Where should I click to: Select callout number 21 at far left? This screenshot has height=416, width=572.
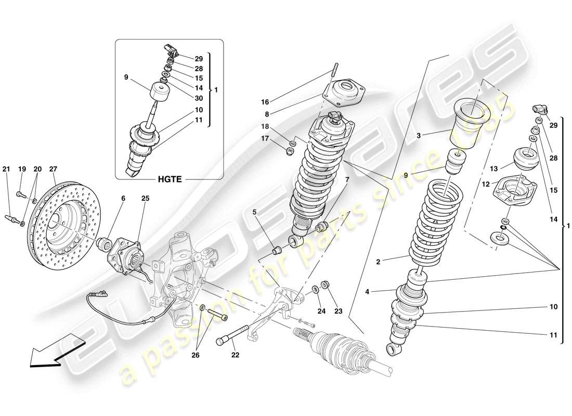tap(6, 169)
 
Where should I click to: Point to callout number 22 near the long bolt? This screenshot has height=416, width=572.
tap(235, 356)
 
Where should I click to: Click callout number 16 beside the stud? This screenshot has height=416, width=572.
tap(265, 102)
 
